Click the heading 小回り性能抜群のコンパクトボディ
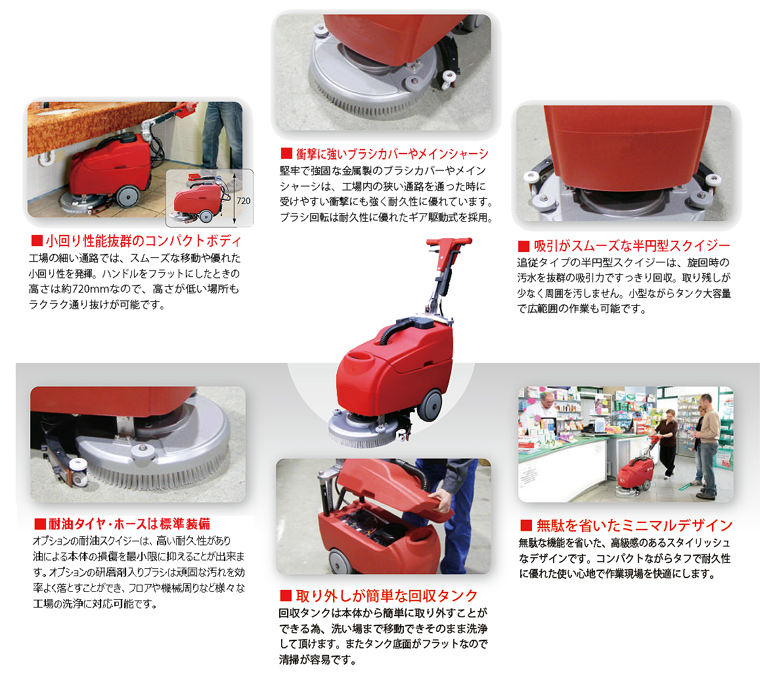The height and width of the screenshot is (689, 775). click(143, 241)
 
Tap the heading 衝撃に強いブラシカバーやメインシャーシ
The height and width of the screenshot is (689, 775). click(392, 154)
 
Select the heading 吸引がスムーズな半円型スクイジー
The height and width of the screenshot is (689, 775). click(632, 245)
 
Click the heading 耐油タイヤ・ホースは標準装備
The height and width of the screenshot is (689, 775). click(129, 524)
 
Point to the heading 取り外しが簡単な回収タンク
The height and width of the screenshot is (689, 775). click(386, 596)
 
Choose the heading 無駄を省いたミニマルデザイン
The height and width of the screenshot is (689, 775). click(634, 525)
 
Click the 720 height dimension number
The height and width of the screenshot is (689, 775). click(244, 201)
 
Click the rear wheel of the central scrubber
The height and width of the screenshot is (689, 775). click(430, 405)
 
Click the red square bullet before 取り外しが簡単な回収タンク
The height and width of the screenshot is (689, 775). click(286, 595)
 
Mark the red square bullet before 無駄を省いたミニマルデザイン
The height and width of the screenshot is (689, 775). click(526, 525)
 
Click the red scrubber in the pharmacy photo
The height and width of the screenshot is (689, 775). click(634, 475)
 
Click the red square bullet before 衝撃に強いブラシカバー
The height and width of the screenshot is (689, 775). click(286, 153)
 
